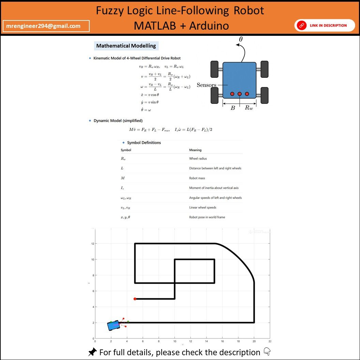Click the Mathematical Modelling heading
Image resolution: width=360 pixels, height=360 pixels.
pyautogui.click(x=126, y=46)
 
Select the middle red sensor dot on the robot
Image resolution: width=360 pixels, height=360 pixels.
pyautogui.click(x=240, y=94)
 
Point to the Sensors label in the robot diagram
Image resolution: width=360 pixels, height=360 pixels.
pyautogui.click(x=207, y=85)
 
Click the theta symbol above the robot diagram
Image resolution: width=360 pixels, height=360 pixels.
pyautogui.click(x=241, y=40)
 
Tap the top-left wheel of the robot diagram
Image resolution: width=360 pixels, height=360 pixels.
pyautogui.click(x=214, y=69)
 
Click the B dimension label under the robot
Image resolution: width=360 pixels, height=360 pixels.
pyautogui.click(x=232, y=108)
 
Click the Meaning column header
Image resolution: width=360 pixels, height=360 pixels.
pyautogui.click(x=195, y=150)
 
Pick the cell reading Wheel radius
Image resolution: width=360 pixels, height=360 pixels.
pyautogui.click(x=198, y=159)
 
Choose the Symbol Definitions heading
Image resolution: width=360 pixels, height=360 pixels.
pyautogui.click(x=144, y=143)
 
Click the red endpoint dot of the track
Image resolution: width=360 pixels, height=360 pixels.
pyautogui.click(x=135, y=299)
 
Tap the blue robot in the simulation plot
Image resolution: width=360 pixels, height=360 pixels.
pyautogui.click(x=113, y=326)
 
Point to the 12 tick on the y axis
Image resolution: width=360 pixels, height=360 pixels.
pyautogui.click(x=92, y=244)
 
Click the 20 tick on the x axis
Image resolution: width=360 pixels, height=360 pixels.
pyautogui.click(x=254, y=341)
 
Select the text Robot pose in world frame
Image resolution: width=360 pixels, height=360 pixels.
pyautogui.click(x=207, y=217)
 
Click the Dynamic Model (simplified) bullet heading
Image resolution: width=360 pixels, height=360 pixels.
pyautogui.click(x=118, y=121)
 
